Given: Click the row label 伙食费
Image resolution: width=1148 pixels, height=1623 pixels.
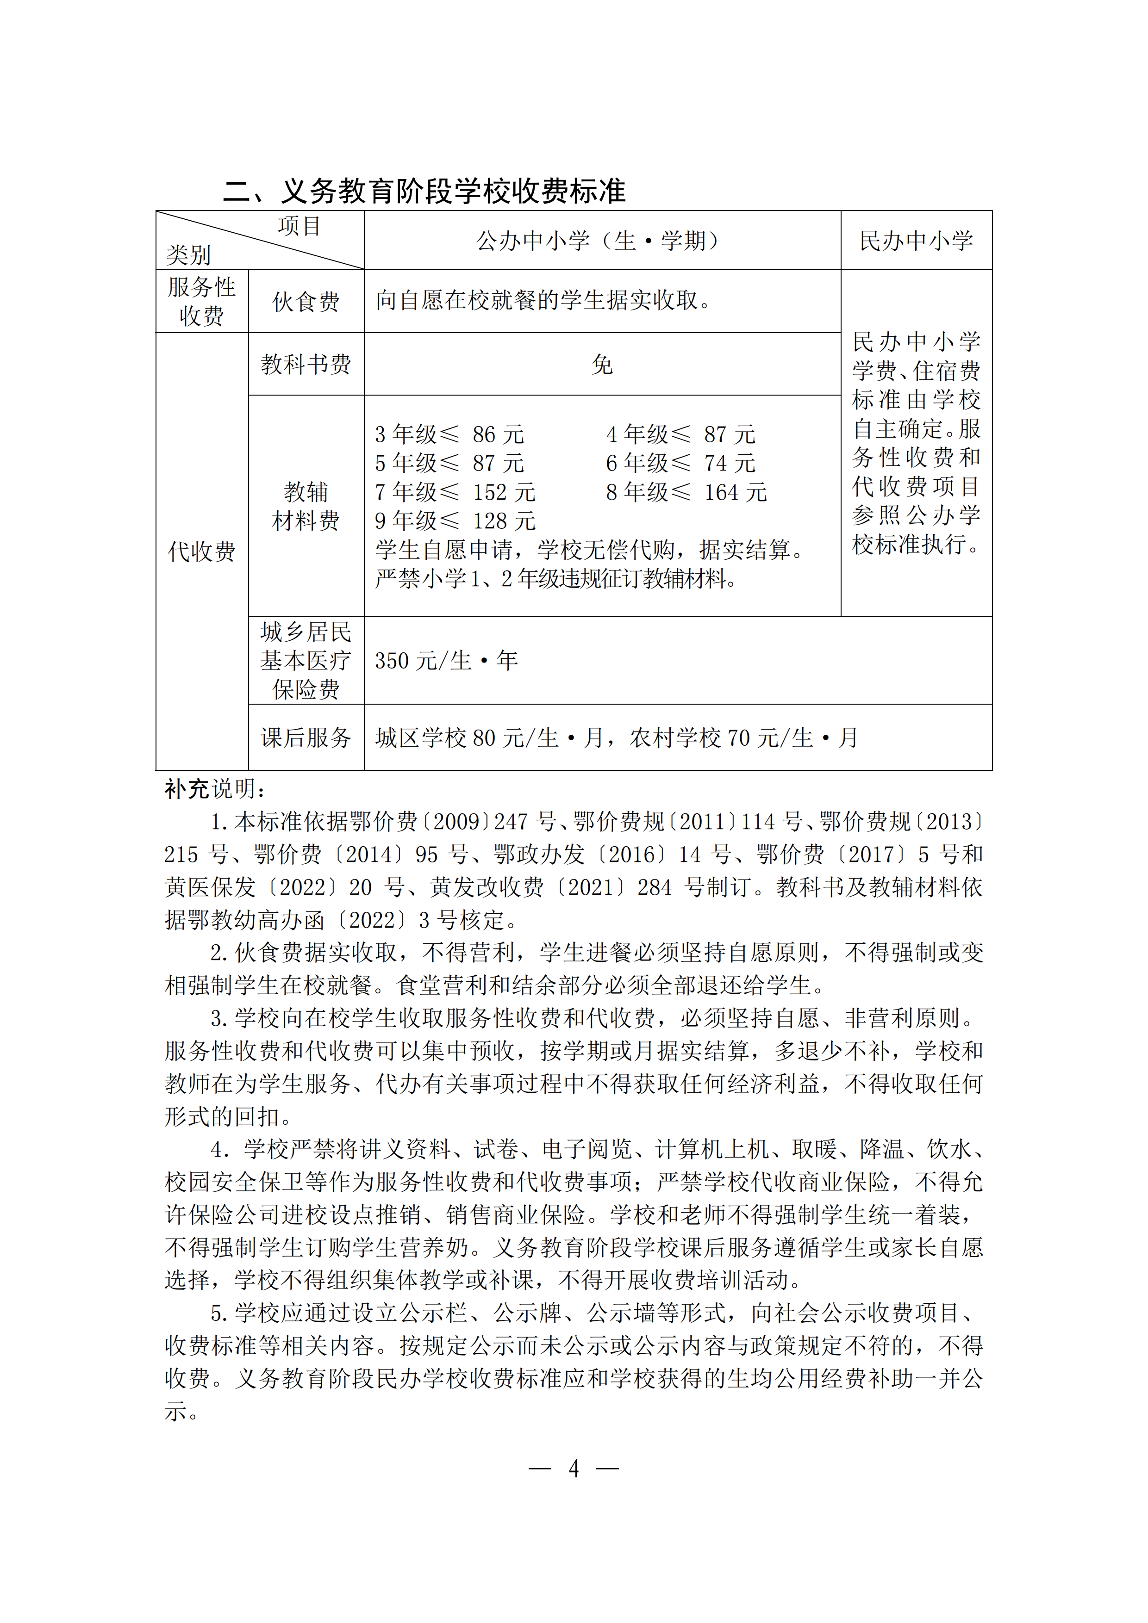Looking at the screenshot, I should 306,302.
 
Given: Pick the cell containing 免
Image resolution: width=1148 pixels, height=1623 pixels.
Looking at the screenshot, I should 602,365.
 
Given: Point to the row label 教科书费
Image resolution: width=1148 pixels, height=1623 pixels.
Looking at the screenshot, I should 306,365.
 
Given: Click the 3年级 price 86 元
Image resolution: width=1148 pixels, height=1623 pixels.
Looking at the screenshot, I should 498,434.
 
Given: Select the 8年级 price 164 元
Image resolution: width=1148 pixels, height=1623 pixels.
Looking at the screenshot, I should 735,492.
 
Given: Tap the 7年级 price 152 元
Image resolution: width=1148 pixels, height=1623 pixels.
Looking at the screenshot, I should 504,492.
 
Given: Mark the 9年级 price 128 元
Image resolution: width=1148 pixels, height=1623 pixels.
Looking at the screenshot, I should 504,521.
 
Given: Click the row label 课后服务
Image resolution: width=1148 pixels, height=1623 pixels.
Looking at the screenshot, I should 306,738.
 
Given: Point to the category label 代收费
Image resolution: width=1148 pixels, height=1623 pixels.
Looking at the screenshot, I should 201,551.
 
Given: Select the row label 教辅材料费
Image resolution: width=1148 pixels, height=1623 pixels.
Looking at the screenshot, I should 306,506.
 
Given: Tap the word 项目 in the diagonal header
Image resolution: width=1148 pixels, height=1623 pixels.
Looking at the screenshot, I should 299,226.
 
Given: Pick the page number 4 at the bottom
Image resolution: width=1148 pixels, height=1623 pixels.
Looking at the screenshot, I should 574,1469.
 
